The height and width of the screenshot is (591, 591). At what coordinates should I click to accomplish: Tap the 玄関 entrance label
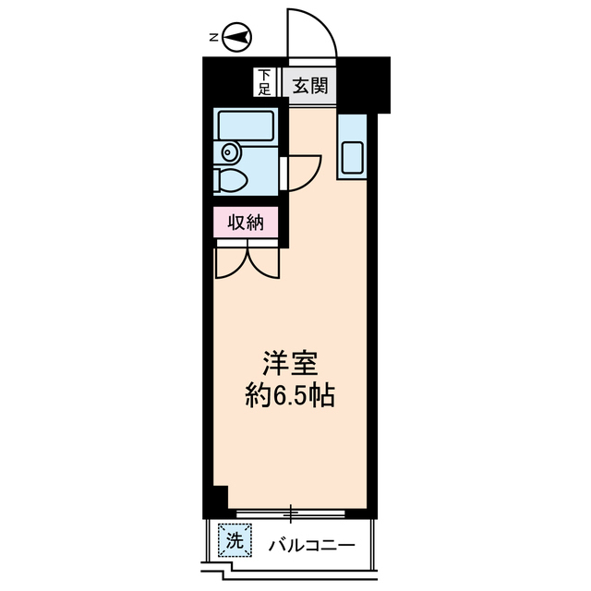(x=309, y=87)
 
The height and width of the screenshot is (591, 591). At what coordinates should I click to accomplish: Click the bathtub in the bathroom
(x=244, y=126)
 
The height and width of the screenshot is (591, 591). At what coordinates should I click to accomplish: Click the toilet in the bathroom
(x=232, y=179)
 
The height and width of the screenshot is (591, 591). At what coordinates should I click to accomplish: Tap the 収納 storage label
(x=247, y=222)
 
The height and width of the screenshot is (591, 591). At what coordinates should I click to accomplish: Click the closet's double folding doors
(x=247, y=259)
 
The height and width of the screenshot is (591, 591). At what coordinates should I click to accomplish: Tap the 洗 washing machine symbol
(x=234, y=541)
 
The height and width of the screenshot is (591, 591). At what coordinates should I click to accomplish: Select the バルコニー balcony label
(x=311, y=545)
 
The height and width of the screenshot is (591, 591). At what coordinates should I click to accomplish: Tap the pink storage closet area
(x=247, y=222)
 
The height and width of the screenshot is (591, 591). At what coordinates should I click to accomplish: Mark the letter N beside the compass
(x=212, y=38)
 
